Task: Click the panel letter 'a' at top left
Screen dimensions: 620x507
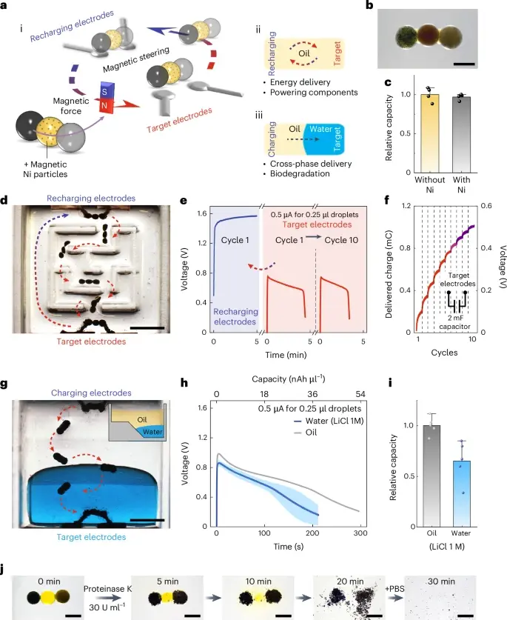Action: pyautogui.click(x=6, y=7)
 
